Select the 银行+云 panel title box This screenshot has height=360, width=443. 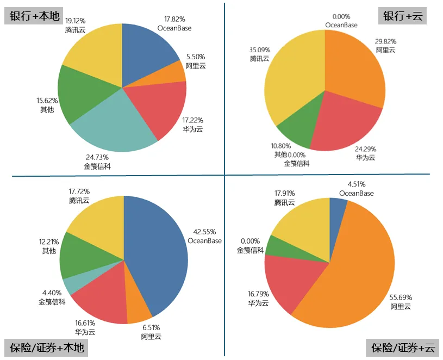click(x=402, y=16)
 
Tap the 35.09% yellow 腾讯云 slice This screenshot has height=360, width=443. click(x=294, y=82)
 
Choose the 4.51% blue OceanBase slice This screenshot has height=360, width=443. click(x=336, y=206)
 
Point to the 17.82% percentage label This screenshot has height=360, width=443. click(x=174, y=20)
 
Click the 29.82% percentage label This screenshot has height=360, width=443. click(x=385, y=41)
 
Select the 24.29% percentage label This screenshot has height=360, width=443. click(x=366, y=148)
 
